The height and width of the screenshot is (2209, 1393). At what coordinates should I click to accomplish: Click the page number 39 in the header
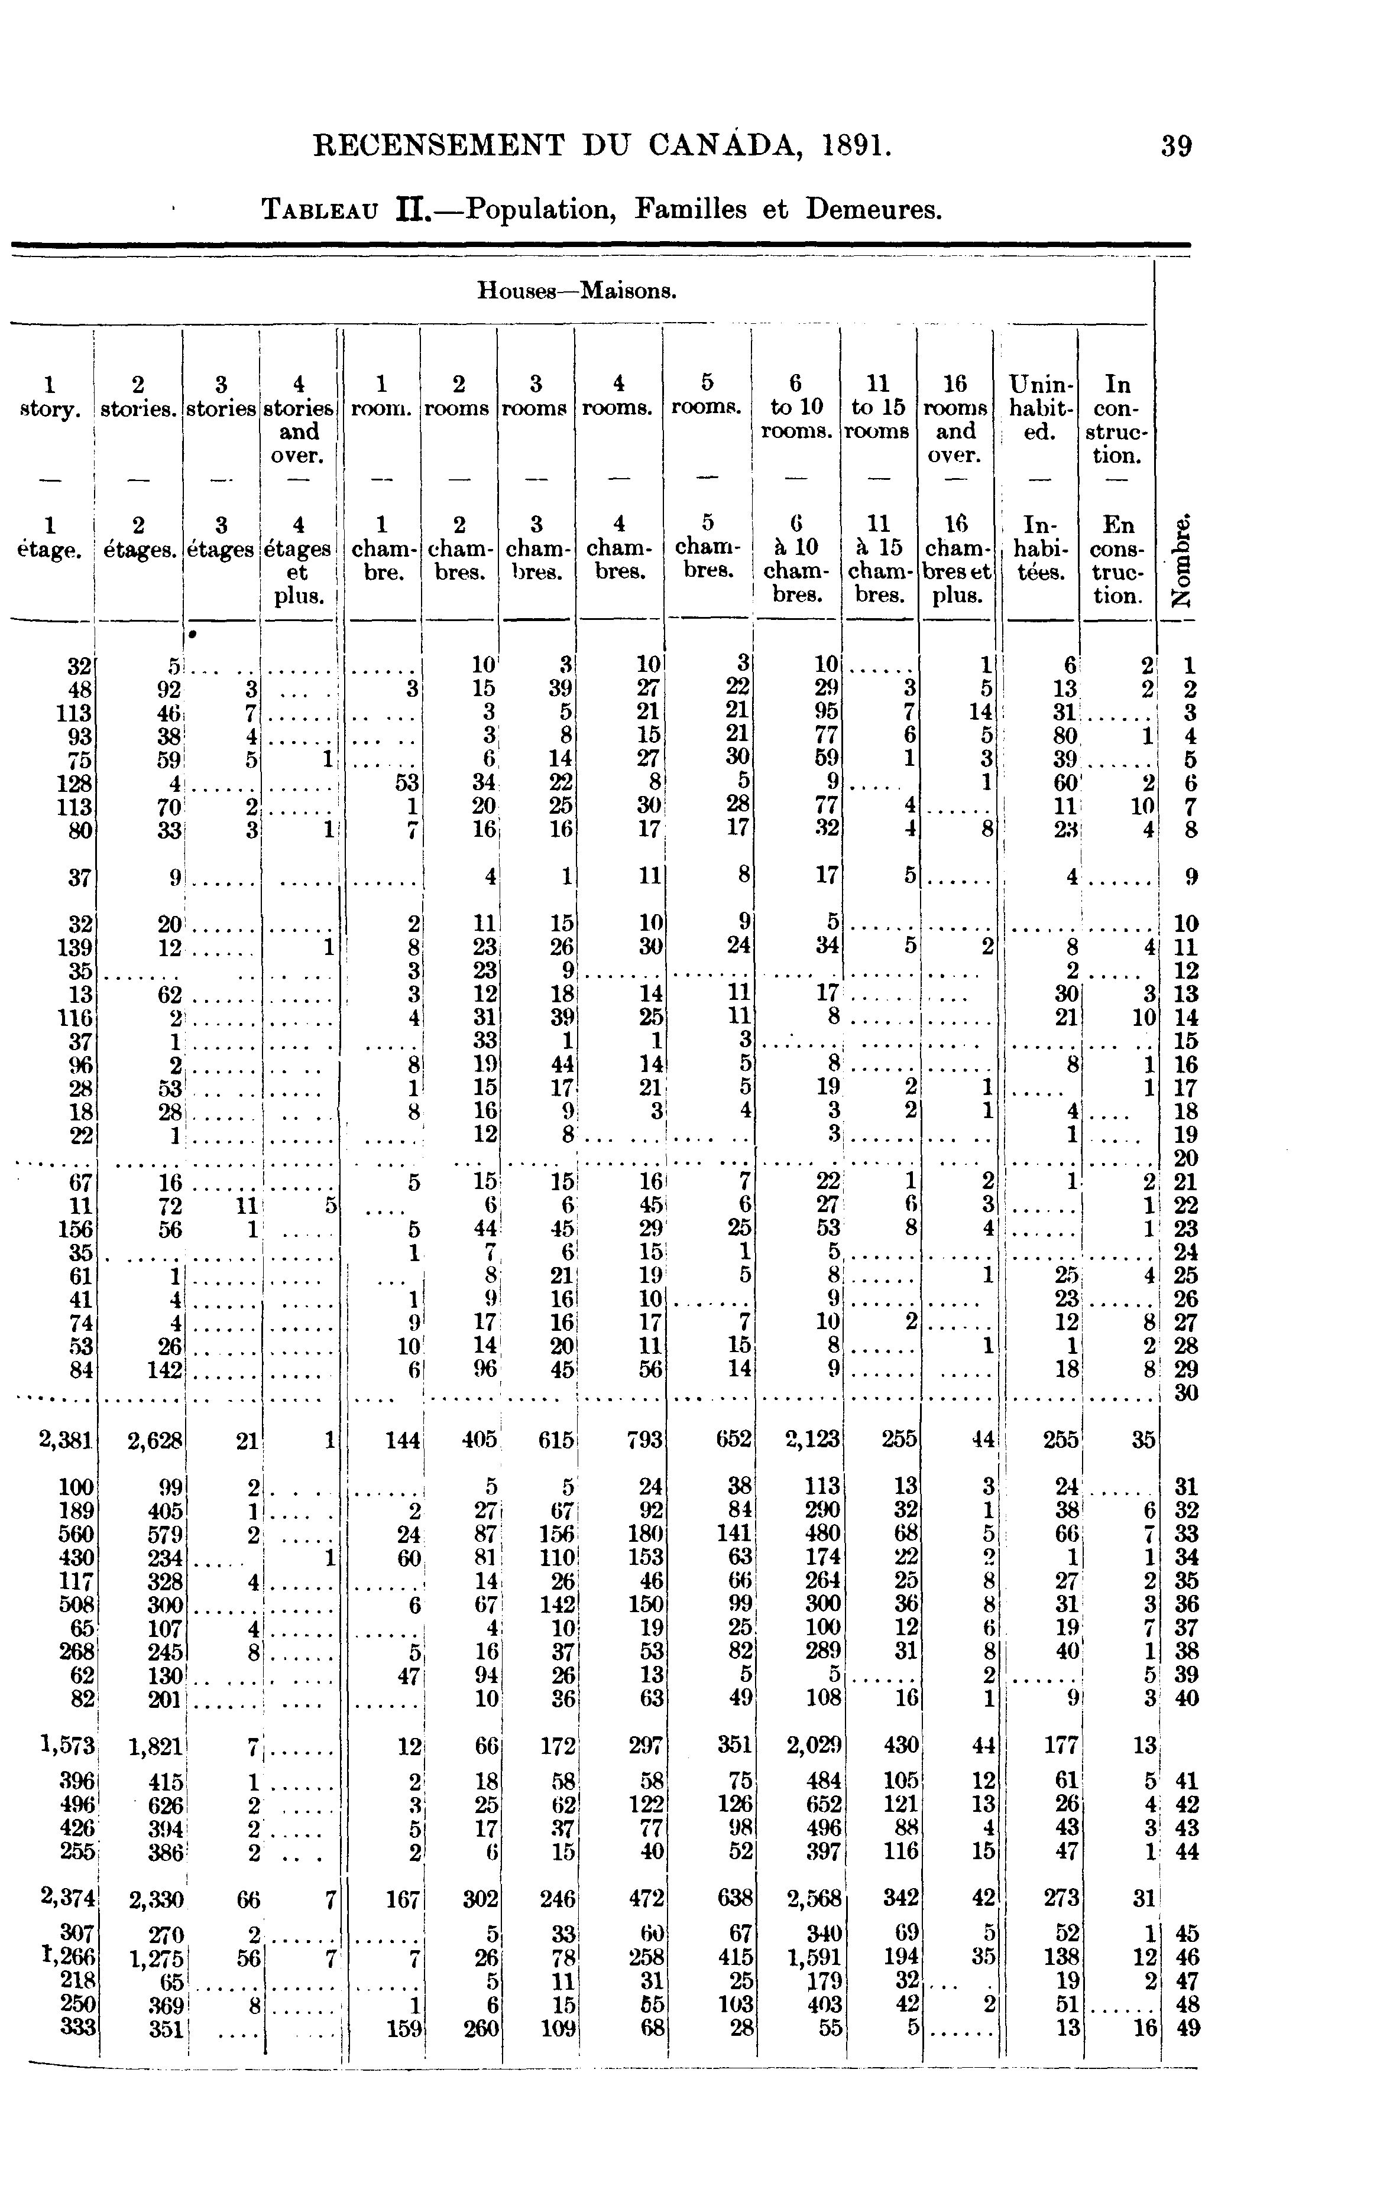pos(1175,147)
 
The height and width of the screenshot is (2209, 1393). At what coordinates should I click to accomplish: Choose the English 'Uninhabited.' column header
pos(1039,407)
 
